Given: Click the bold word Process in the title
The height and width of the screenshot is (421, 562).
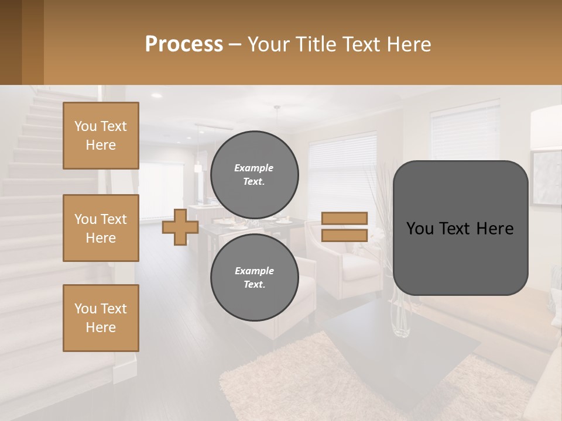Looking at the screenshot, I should (184, 44).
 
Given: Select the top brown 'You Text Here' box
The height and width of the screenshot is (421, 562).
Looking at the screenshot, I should (101, 136).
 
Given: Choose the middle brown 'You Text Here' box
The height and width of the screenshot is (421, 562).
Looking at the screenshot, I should (101, 228).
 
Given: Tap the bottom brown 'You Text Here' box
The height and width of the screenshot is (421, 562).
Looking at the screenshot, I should (101, 318).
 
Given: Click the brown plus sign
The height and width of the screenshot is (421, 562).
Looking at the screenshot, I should (180, 227).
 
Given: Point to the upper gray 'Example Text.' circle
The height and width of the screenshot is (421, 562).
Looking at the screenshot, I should (254, 174).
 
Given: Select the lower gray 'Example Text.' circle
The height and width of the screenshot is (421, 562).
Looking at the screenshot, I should (254, 277).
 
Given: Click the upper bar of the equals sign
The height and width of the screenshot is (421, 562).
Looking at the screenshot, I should (344, 219).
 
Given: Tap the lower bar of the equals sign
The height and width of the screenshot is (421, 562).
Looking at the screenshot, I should (344, 235).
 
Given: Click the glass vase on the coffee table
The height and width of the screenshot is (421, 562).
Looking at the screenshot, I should (402, 316).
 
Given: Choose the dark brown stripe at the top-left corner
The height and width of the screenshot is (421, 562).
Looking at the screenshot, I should (11, 42).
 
